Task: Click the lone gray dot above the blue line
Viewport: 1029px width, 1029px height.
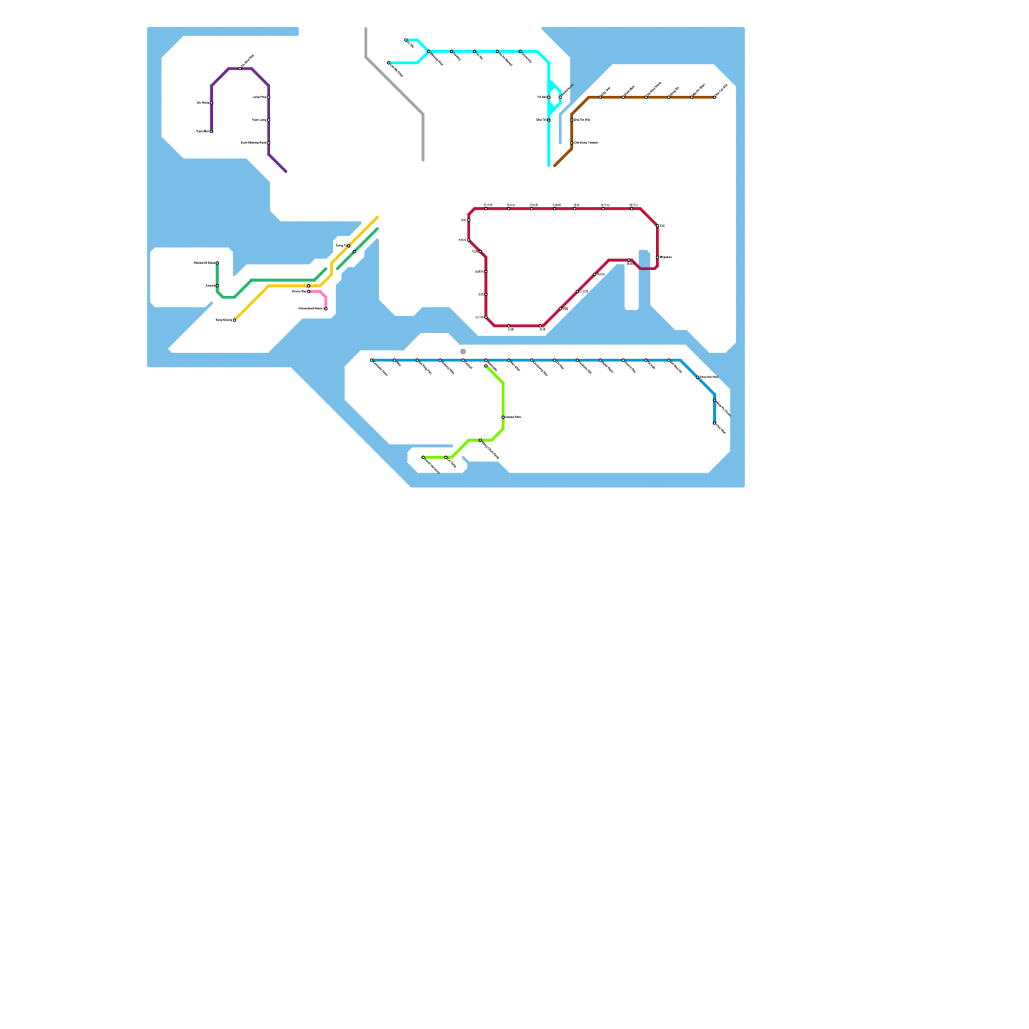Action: point(463,352)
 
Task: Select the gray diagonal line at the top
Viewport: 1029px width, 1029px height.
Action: point(394,86)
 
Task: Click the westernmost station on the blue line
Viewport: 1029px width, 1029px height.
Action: point(372,360)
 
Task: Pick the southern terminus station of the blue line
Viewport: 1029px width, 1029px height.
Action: point(715,423)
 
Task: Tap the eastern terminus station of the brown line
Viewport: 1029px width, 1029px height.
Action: point(715,97)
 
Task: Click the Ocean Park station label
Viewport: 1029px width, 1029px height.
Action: point(513,417)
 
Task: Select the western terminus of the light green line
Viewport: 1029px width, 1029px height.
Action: point(423,457)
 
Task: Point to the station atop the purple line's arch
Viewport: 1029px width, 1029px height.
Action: point(241,68)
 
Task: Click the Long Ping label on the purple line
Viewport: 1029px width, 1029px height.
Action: point(259,97)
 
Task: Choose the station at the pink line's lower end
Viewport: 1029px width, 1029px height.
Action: point(326,309)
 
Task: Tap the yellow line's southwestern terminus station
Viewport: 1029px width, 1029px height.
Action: point(234,320)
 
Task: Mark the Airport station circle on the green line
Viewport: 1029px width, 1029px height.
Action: point(217,286)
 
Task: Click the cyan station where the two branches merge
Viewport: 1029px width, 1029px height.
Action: point(429,51)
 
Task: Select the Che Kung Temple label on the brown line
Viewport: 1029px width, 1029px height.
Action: point(586,143)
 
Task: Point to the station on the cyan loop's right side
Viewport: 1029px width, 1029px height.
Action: point(560,97)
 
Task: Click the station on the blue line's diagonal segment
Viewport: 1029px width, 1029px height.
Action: point(698,378)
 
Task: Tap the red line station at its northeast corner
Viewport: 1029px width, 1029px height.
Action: point(657,226)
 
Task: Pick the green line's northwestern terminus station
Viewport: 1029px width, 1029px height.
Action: point(217,263)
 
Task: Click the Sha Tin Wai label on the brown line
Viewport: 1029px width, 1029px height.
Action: point(582,120)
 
